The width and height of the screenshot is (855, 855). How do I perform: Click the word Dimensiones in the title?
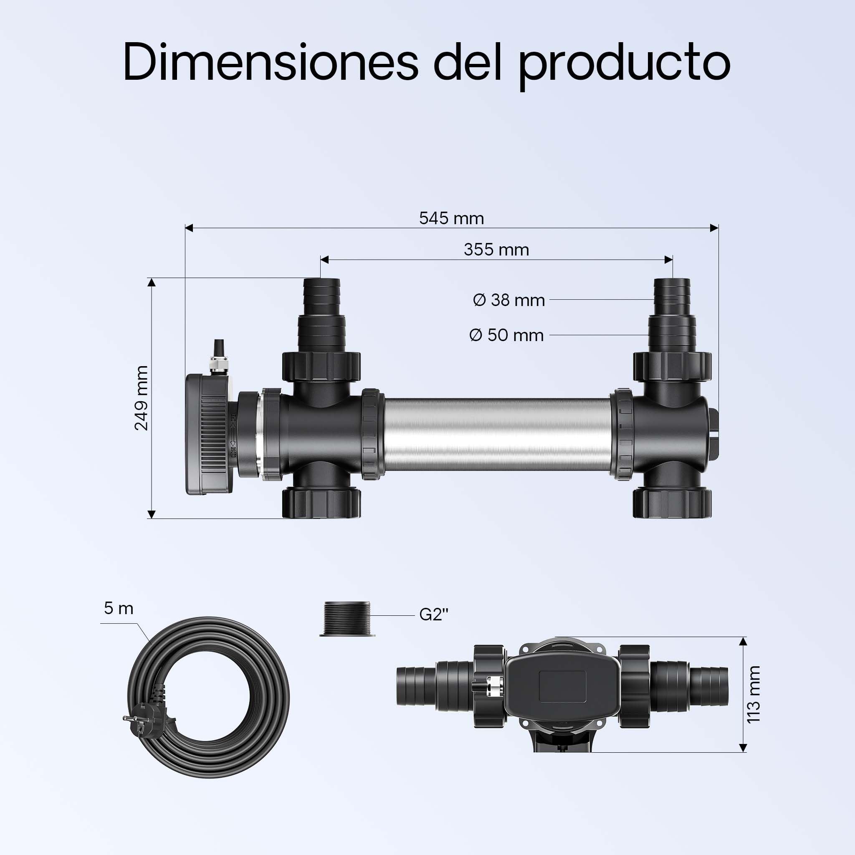tap(271, 61)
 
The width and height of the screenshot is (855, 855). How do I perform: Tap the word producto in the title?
tap(625, 65)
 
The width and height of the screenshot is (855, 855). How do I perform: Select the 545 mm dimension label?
tap(451, 218)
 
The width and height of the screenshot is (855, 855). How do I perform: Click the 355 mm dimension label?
tap(496, 250)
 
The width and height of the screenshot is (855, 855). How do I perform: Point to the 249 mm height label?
tap(142, 398)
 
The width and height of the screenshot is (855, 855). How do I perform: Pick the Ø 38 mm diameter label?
tap(509, 300)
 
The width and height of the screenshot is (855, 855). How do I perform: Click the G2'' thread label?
tap(434, 615)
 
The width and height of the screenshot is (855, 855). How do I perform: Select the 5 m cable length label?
tap(119, 609)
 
